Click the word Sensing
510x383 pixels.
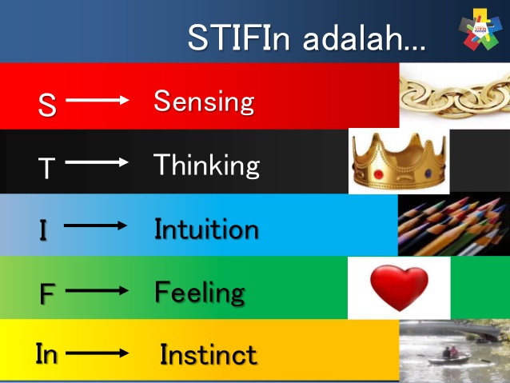[204, 102]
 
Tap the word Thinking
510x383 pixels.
[206, 166]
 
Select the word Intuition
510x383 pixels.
[206, 229]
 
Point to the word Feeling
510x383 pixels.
[200, 292]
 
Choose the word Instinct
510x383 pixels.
[209, 354]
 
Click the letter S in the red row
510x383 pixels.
[47, 106]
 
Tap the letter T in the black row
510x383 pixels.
[47, 168]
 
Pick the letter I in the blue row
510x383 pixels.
[43, 230]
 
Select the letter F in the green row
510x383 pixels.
[47, 294]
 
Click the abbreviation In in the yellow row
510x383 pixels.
[46, 354]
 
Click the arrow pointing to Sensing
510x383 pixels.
[97, 100]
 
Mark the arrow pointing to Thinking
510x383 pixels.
[97, 162]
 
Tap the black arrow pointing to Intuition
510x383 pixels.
[95, 225]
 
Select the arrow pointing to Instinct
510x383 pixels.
[98, 352]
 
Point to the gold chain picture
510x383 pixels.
[454, 96]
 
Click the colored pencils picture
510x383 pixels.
[453, 225]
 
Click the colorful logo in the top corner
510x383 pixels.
[482, 30]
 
